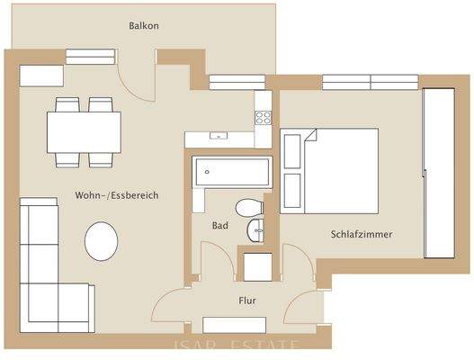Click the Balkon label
[x=144, y=26]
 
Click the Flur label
[x=248, y=301]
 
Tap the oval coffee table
[x=102, y=241]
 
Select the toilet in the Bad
[x=246, y=209]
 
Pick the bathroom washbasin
[x=256, y=229]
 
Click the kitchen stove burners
[x=264, y=117]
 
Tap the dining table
[x=84, y=132]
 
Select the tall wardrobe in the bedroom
[x=438, y=171]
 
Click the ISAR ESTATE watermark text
[x=236, y=346]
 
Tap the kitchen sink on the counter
[x=219, y=138]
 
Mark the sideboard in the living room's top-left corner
[x=41, y=75]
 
